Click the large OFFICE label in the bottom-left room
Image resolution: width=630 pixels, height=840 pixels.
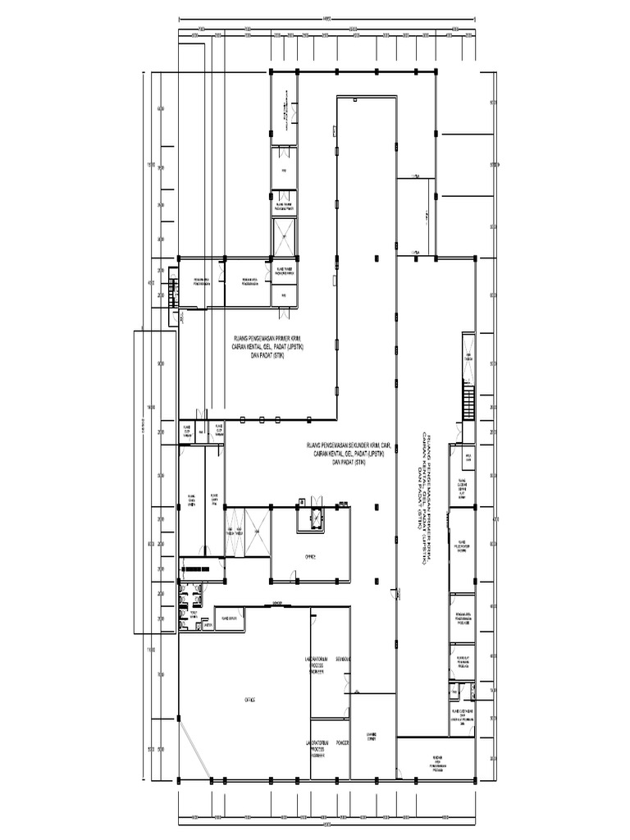coord(249,700)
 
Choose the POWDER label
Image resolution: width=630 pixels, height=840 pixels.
coord(343,742)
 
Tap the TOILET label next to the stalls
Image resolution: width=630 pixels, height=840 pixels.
coord(194,614)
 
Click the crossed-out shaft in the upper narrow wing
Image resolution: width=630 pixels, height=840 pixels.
coord(283,239)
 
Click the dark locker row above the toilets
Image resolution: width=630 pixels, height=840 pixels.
coord(197,568)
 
